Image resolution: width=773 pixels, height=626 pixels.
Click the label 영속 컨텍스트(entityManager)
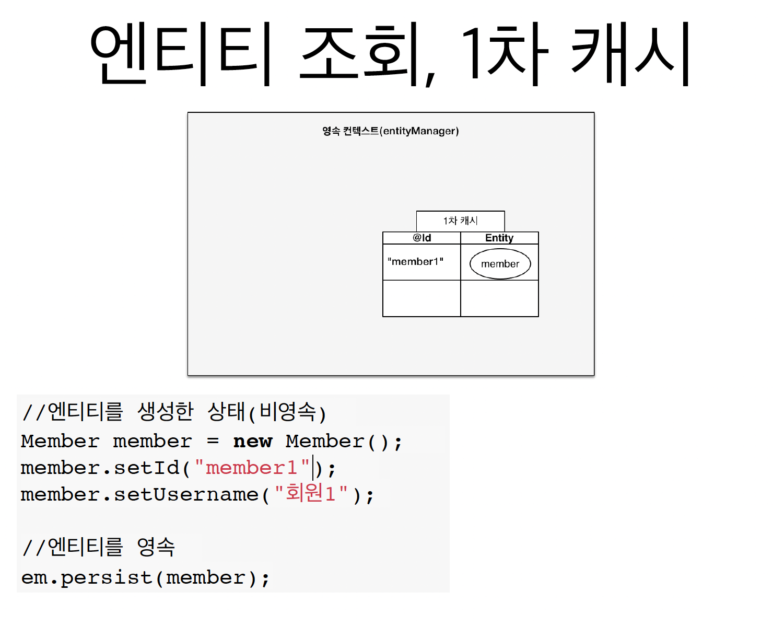pyautogui.click(x=390, y=131)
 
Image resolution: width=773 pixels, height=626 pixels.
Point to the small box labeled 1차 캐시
pyautogui.click(x=460, y=221)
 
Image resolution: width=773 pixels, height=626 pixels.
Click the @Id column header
pyautogui.click(x=421, y=238)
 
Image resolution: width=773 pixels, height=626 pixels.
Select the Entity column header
pyautogui.click(x=499, y=238)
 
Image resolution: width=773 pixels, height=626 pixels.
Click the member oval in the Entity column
pyautogui.click(x=500, y=264)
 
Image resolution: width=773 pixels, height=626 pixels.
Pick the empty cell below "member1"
pyautogui.click(x=421, y=298)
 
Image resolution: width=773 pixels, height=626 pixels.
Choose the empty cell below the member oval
pyautogui.click(x=499, y=298)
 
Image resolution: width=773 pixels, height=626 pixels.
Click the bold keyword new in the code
pyautogui.click(x=253, y=442)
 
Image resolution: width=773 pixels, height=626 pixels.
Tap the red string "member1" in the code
pyautogui.click(x=252, y=468)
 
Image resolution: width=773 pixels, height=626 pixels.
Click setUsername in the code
pyautogui.click(x=186, y=494)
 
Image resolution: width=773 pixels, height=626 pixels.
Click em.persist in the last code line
pyautogui.click(x=86, y=578)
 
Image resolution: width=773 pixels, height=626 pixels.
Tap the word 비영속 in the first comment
pyautogui.click(x=288, y=412)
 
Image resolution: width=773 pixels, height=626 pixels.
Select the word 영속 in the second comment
pyautogui.click(x=156, y=547)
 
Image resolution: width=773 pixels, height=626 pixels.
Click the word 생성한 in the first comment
pyautogui.click(x=165, y=412)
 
